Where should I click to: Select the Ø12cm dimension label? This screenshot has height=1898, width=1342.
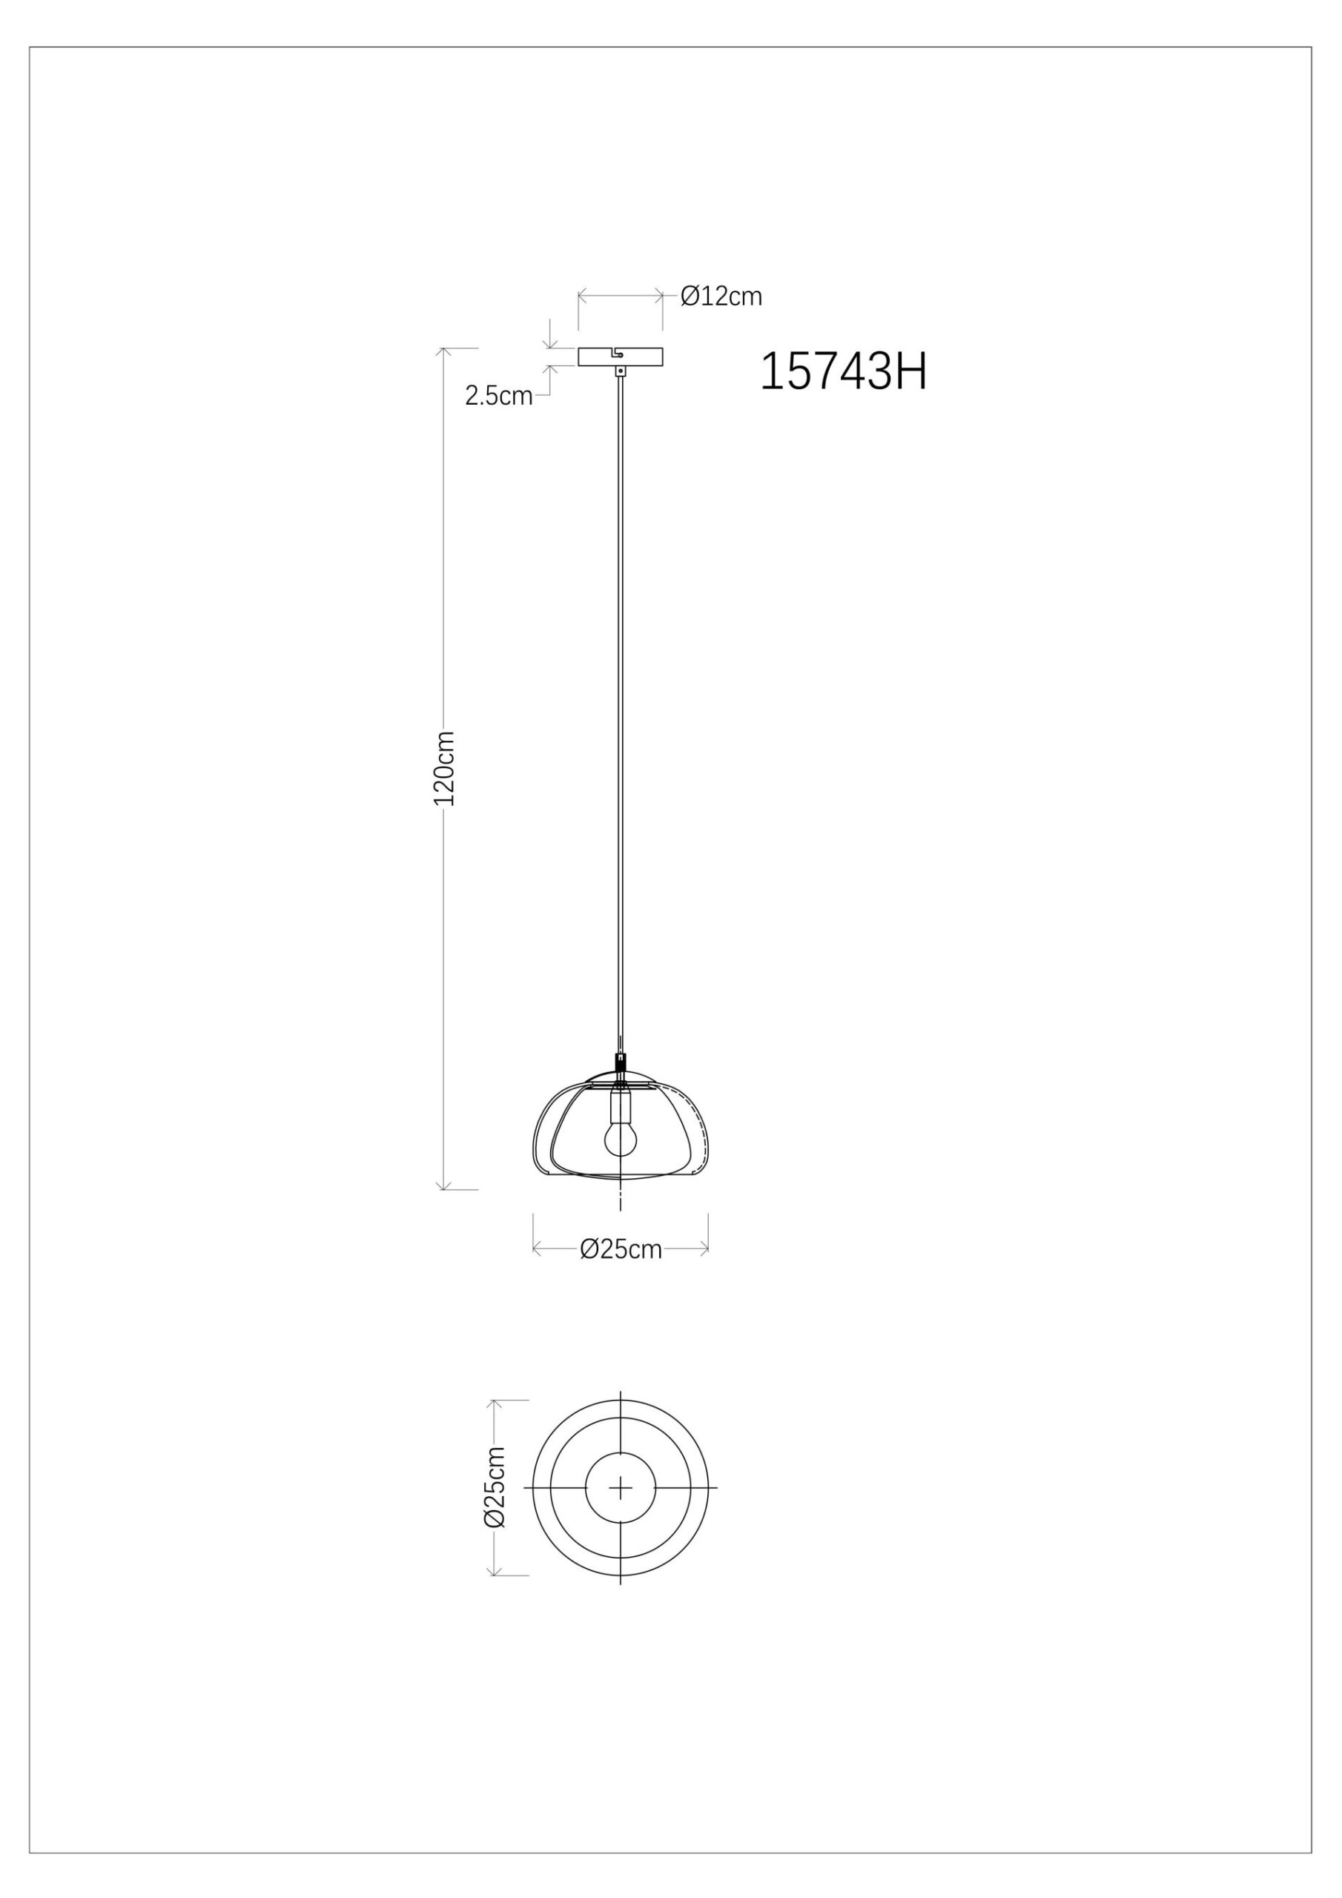[x=720, y=296]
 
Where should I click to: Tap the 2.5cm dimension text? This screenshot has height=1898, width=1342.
[x=498, y=396]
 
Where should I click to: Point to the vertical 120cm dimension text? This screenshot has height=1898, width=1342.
[x=445, y=768]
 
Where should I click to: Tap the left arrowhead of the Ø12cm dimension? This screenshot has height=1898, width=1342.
[x=581, y=295]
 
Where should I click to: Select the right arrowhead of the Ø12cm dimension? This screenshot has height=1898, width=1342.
[x=660, y=295]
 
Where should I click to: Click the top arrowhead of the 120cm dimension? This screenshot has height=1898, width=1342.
[x=444, y=351]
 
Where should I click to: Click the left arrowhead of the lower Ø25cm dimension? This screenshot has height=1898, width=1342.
[x=537, y=1249]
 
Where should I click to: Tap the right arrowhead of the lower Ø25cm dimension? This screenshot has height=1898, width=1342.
[x=704, y=1249]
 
